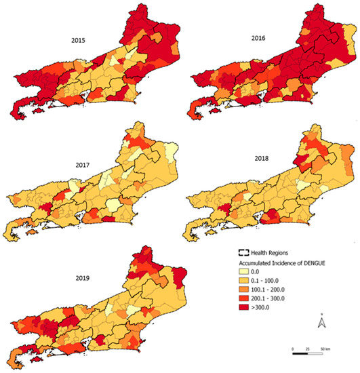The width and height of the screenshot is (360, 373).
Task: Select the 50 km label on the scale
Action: [325, 349]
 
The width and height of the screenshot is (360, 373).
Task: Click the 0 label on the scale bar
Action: [293, 349]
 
